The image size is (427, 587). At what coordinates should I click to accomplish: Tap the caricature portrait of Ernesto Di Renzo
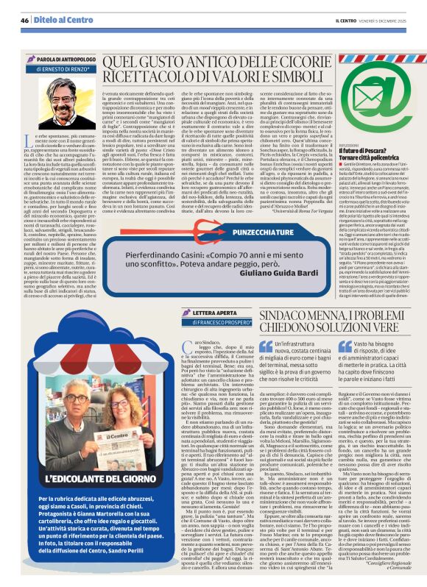pos(58,102)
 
